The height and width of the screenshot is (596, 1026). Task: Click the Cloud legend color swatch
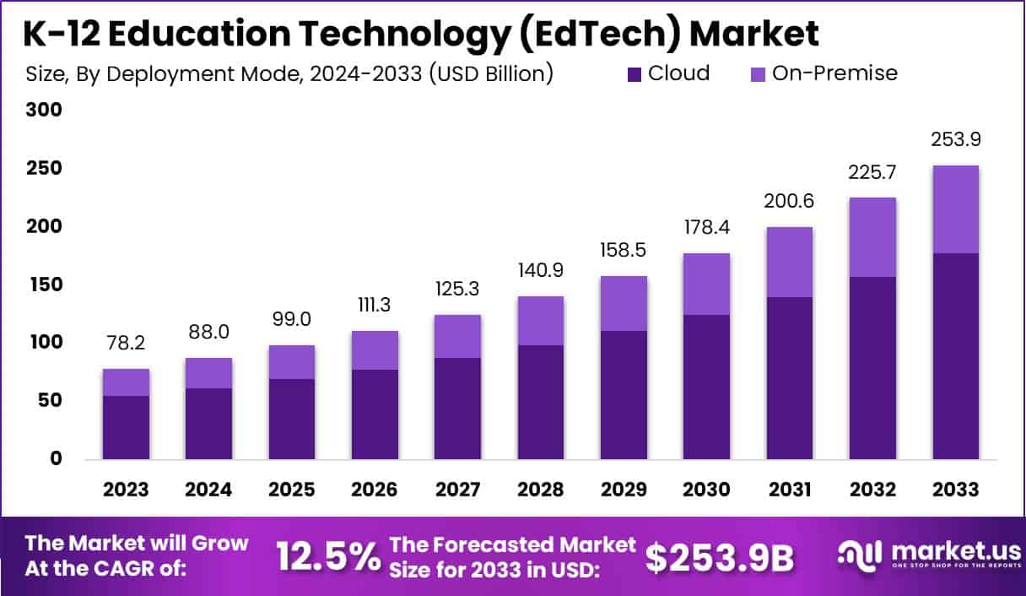635,74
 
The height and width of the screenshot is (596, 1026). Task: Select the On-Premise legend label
834,73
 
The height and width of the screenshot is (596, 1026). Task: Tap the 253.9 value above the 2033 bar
956,140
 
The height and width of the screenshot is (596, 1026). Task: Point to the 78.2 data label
126,345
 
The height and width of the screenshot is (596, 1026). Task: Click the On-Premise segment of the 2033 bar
956,209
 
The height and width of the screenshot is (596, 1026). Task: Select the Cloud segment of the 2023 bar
126,427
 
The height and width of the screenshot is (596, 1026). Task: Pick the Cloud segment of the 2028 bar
541,402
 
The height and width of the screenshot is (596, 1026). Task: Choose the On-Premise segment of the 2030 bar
707,284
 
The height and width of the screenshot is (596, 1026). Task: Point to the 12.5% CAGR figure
328,556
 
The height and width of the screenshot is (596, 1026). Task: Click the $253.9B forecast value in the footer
720,556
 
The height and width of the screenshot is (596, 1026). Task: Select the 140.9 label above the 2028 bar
541,272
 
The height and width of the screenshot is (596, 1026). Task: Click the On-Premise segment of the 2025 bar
292,362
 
